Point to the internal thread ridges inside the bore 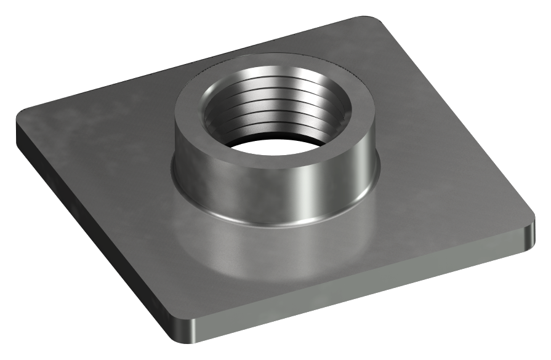[x=277, y=105]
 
